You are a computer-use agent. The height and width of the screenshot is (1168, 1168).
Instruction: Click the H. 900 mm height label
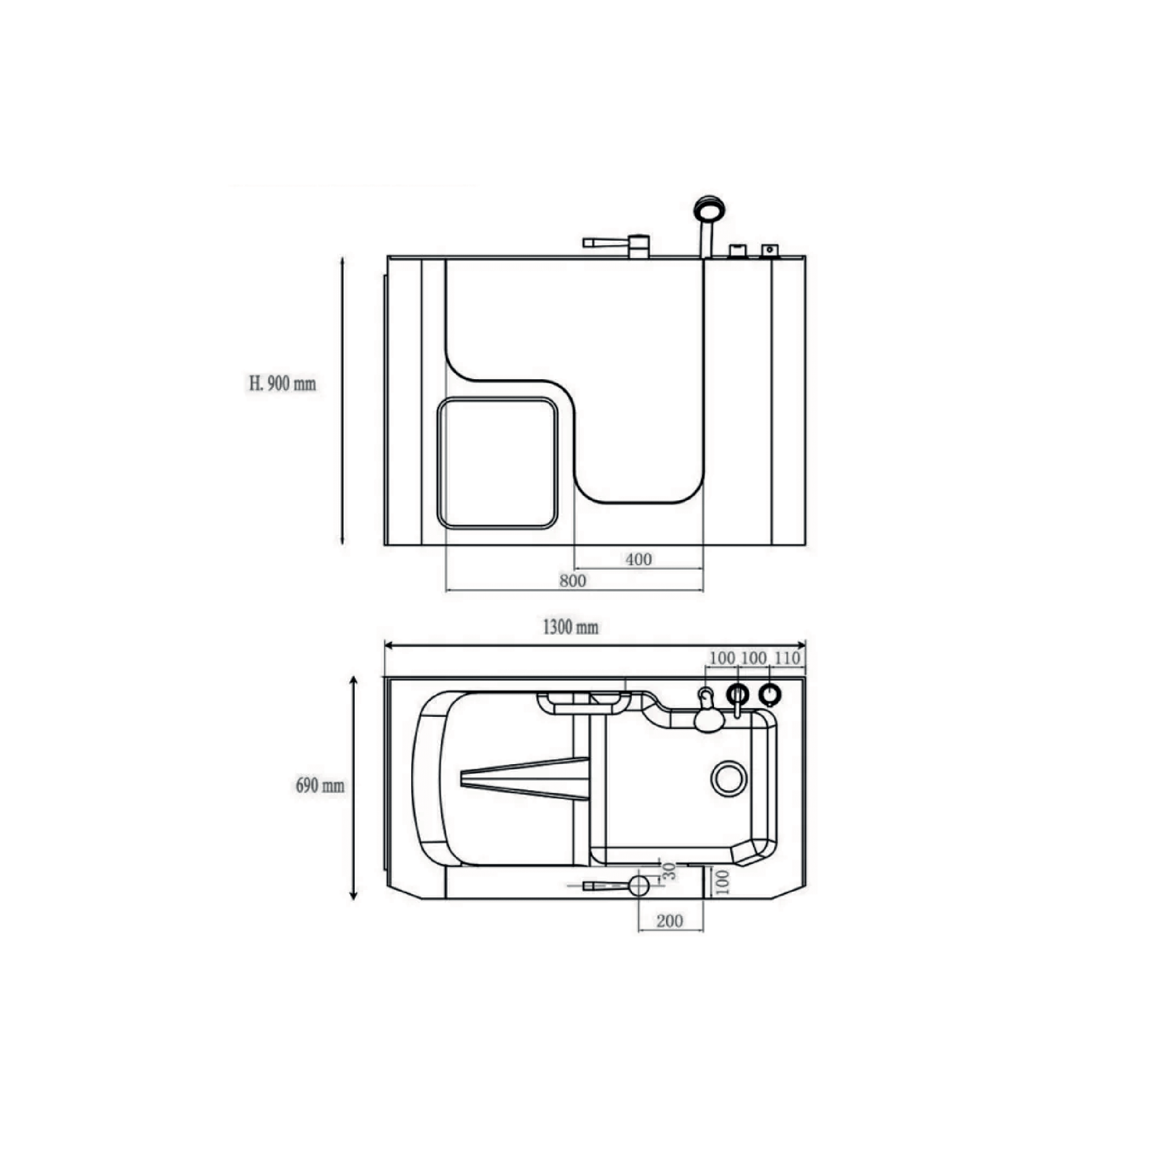[282, 383]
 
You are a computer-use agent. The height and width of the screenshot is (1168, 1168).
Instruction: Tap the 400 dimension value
[638, 559]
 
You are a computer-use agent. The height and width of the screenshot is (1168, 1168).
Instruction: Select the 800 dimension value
[573, 581]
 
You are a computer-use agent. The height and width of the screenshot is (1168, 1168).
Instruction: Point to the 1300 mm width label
[571, 627]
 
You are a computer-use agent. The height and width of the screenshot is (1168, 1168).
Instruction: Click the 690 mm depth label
[320, 786]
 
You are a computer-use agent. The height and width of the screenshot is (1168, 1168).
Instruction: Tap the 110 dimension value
[787, 658]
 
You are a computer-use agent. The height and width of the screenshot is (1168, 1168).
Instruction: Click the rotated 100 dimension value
[723, 882]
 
